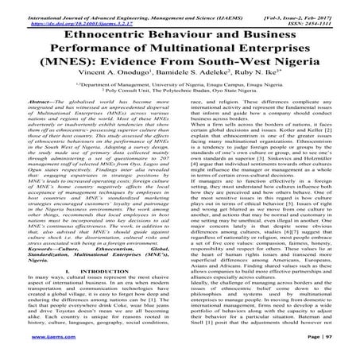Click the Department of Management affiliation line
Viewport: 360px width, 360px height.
pos(180,95)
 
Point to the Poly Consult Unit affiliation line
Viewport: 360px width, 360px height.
pos(180,103)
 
